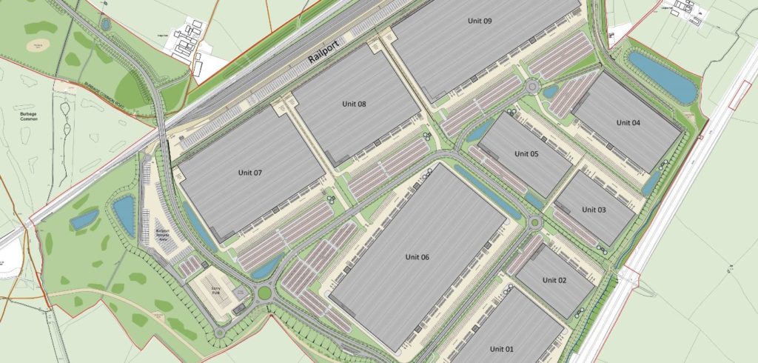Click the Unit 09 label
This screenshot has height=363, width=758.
click(477, 21)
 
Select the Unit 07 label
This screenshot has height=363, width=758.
click(250, 173)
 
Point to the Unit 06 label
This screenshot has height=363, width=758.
click(417, 257)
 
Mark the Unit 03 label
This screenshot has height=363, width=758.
click(594, 210)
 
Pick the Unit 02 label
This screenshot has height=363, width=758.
click(554, 280)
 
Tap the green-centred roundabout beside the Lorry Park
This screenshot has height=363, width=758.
click(264, 293)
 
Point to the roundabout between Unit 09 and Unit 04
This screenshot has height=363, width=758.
click(532, 88)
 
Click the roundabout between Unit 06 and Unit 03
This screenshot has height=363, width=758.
click(534, 223)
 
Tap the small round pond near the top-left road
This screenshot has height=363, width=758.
click(107, 24)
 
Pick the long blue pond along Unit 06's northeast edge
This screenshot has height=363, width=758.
click(486, 191)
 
